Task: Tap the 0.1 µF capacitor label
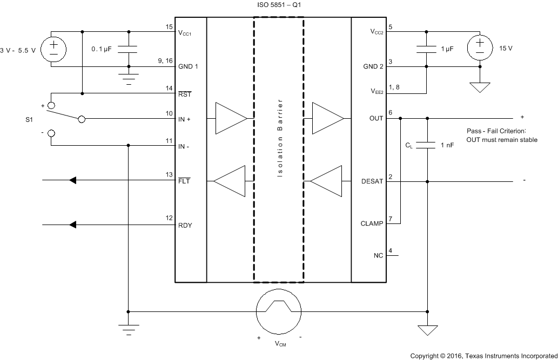click(x=101, y=49)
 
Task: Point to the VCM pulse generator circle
click(x=278, y=311)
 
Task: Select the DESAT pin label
click(x=372, y=182)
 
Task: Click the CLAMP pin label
click(x=372, y=223)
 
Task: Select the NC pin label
click(x=378, y=256)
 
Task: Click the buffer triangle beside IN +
click(x=231, y=118)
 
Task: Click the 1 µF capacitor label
click(x=447, y=49)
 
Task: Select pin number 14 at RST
click(x=169, y=87)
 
